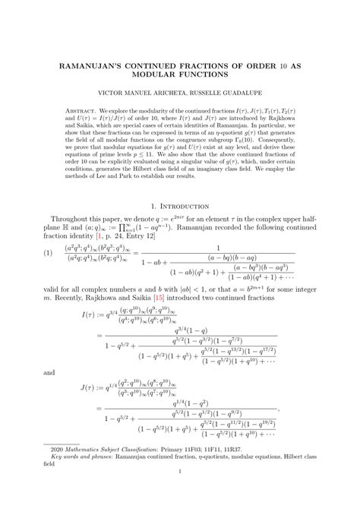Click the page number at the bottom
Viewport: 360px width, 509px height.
click(180, 492)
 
